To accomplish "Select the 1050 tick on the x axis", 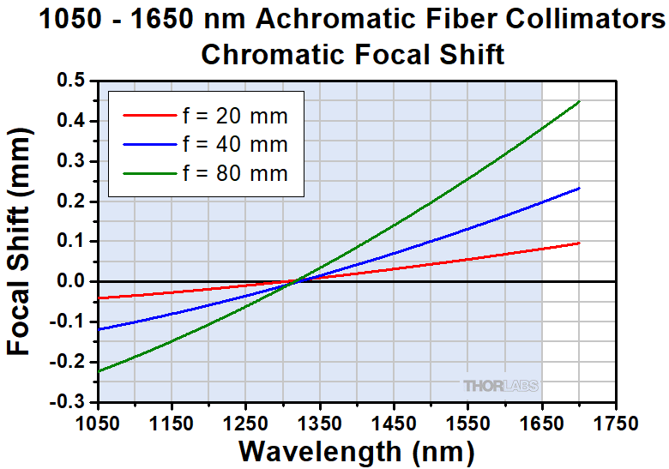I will click(x=99, y=423).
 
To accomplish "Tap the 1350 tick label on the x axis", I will click(x=320, y=423).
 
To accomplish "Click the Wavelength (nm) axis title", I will click(x=356, y=450).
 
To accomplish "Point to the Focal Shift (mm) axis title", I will click(x=23, y=242).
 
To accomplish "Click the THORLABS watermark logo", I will click(x=501, y=387).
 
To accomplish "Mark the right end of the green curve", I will click(x=580, y=101).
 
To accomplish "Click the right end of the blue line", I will click(x=580, y=189).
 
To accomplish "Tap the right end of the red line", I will click(x=580, y=243).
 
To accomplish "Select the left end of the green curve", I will click(x=99, y=371).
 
